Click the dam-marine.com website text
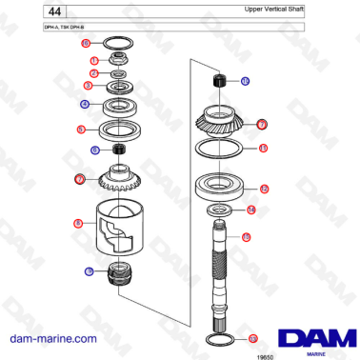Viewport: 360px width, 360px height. tap(52, 338)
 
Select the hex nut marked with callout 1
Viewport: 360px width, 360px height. tap(121, 60)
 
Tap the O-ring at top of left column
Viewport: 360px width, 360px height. tap(120, 43)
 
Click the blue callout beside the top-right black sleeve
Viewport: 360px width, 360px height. tap(245, 82)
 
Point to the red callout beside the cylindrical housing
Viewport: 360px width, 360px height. tap(77, 224)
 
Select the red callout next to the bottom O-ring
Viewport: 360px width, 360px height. tap(252, 338)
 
